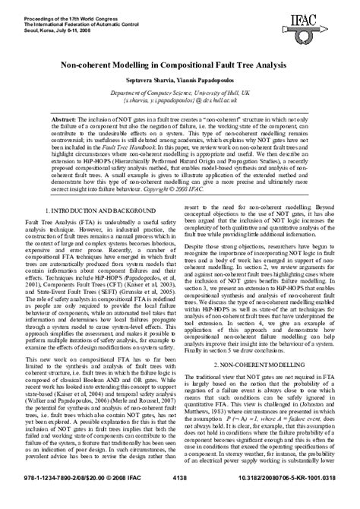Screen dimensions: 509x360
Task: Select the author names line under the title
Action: [x=180, y=81]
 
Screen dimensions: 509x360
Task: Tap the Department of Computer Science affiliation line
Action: [x=180, y=93]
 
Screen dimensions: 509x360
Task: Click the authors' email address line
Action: [x=180, y=100]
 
